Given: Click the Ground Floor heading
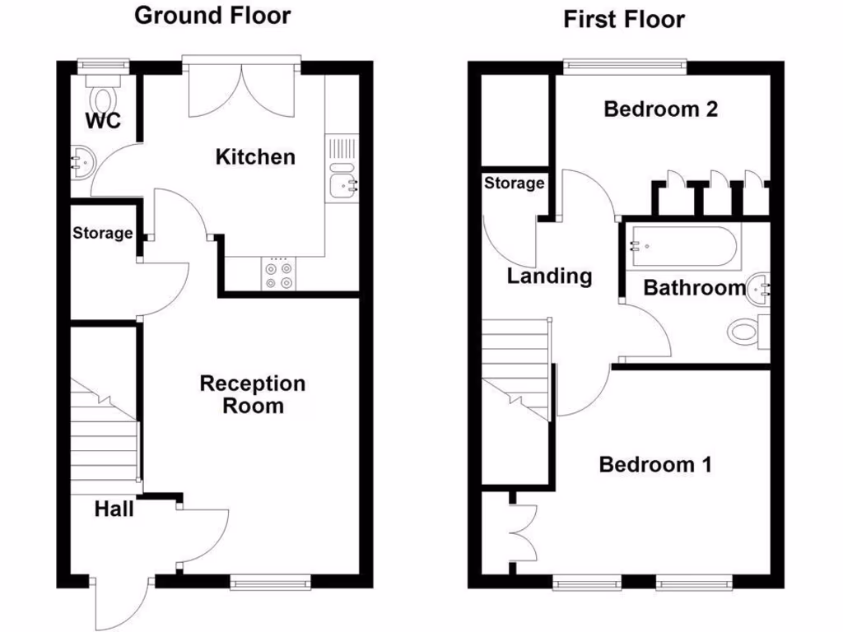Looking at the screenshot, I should point(212,16).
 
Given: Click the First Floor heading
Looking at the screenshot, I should point(623,19).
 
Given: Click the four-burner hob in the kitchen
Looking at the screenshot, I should point(277,274).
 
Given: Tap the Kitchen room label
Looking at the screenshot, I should point(254,156).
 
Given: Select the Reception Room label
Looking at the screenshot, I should point(253,394).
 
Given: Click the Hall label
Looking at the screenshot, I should point(114,509).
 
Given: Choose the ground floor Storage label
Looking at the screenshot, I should point(102,233).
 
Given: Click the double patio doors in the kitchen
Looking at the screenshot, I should point(240,92).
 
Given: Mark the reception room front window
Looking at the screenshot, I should point(271,583).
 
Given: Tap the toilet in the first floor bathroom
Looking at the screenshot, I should point(747,332).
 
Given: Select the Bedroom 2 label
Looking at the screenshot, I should point(660,109).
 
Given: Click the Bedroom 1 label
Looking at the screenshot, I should point(655,465).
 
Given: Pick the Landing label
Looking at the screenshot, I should point(549,276).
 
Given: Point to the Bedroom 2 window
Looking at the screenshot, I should point(624,66).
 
